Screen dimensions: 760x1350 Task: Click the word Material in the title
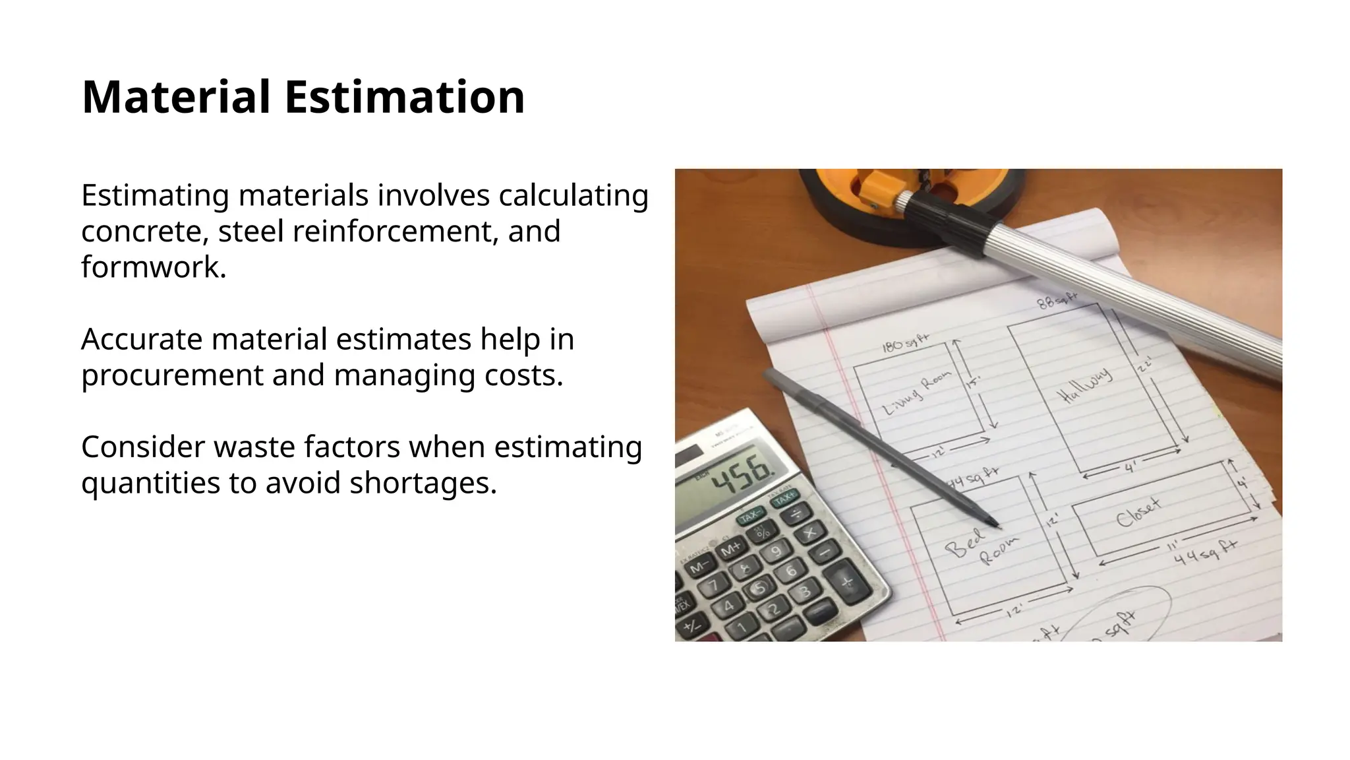(175, 97)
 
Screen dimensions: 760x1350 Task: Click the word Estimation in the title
(404, 97)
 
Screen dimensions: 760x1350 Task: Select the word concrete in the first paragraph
(145, 232)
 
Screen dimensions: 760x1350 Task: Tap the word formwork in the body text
(153, 267)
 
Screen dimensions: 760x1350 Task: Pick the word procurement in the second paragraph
(171, 375)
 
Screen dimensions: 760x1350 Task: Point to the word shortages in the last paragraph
(423, 483)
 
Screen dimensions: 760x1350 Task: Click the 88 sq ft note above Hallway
(1057, 301)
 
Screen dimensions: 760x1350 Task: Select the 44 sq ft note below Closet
(1206, 553)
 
